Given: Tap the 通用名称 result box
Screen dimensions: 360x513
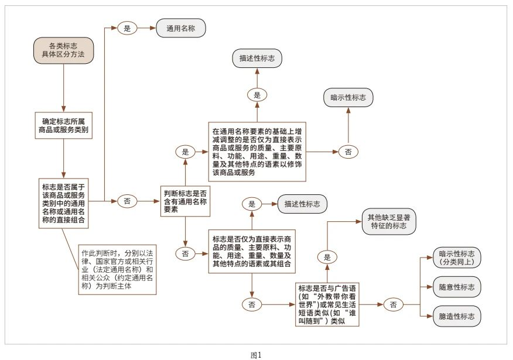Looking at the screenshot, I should [181, 28].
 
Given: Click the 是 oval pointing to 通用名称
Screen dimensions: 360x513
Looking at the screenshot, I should [127, 28].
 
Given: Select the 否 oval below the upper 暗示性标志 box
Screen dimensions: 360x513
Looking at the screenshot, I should [348, 152].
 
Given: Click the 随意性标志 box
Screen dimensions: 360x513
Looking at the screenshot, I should [456, 287].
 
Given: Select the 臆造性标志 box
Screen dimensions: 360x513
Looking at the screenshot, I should [456, 316].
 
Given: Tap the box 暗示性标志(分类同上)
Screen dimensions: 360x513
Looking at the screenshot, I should [456, 258].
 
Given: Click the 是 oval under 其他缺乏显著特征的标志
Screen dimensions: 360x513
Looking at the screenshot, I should [327, 256].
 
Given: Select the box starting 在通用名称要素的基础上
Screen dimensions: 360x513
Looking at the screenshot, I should [257, 152].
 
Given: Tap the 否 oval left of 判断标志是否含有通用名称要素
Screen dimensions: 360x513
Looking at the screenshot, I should [127, 201].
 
